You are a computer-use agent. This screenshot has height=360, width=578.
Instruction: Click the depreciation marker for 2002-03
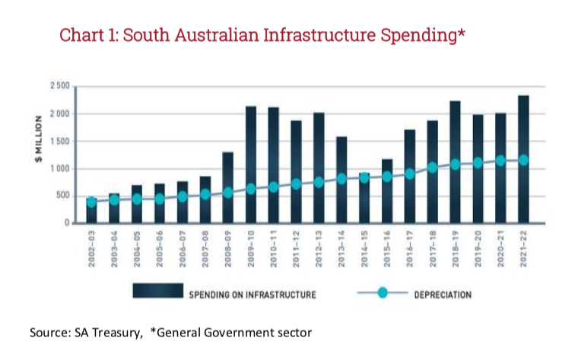point(91,202)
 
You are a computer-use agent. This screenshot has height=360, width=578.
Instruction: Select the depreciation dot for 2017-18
point(432,167)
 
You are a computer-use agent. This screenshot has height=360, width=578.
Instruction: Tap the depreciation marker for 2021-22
point(523,160)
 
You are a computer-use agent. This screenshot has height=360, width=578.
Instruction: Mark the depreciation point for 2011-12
point(296,183)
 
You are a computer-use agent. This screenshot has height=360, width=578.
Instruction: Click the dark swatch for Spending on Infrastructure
point(157,292)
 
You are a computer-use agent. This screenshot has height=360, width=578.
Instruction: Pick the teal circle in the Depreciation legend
point(383,293)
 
